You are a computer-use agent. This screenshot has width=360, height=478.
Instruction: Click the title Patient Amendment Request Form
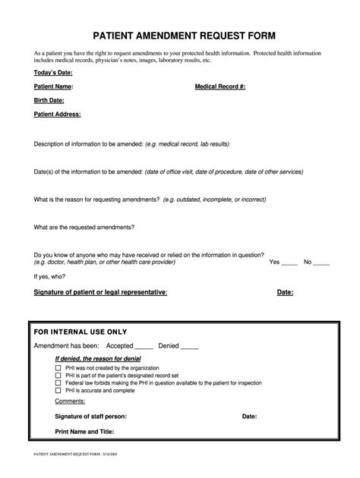pos(179,36)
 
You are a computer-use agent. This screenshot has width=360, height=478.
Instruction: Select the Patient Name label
pos(53,87)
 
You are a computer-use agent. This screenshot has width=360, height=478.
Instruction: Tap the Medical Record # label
pos(220,87)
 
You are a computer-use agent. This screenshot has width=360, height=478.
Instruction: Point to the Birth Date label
pos(49,100)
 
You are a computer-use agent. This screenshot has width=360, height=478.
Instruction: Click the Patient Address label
pos(57,114)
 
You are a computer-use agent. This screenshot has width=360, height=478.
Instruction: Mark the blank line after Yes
pos(290,262)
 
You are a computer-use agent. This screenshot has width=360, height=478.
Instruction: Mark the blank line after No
pos(321,262)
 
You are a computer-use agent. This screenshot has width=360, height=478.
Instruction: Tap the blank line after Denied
pos(190,346)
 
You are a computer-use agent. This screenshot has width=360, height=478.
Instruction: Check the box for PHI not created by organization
pos(58,366)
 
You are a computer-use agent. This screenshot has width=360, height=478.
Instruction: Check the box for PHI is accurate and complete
pos(58,391)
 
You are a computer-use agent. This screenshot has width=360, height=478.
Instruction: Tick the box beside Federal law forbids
pos(58,382)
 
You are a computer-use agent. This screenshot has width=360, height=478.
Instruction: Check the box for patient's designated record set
pos(58,375)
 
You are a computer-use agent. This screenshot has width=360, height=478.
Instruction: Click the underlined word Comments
pos(70,401)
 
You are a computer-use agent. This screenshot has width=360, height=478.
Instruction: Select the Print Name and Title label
pos(84,432)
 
